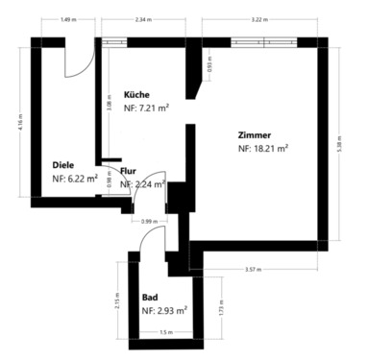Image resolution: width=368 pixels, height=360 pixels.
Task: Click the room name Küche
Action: (136, 95)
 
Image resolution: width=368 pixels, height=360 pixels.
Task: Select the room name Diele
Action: (64, 163)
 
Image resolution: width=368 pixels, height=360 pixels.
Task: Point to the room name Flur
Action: (129, 171)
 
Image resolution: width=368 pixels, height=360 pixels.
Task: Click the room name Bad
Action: (150, 298)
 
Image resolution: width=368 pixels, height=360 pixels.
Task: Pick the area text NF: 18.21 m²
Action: (263, 149)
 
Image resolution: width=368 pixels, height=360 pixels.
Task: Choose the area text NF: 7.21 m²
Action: (146, 108)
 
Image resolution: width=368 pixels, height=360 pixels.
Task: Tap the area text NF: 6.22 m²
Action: (75, 178)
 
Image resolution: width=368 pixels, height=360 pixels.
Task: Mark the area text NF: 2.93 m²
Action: (163, 311)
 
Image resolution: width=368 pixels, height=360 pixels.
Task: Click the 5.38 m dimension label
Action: (354, 139)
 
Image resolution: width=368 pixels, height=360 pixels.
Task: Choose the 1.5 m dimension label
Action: (165, 332)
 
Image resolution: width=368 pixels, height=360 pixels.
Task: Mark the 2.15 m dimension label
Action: (115, 298)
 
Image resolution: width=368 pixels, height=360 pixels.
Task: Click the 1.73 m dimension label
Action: (221, 310)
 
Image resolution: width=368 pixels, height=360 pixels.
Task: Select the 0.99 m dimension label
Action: (148, 222)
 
